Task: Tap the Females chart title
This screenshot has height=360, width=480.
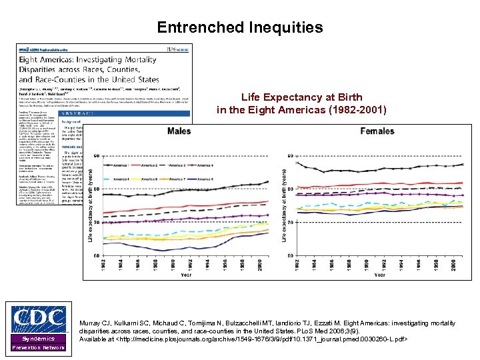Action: (x=377, y=131)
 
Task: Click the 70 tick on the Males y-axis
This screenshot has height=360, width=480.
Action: (x=97, y=222)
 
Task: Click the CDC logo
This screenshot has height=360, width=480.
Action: (x=39, y=321)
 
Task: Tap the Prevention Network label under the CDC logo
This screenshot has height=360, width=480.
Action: (x=39, y=347)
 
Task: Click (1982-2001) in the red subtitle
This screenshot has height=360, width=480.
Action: (x=353, y=109)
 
